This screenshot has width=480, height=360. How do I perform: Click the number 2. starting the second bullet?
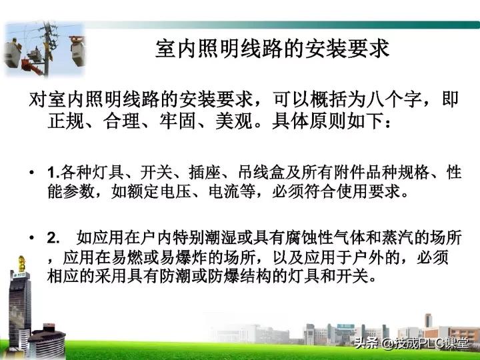point(53,238)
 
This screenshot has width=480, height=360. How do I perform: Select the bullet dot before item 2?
point(32,238)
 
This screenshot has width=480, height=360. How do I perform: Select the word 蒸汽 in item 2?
point(397,238)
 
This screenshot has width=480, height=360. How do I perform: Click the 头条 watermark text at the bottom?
point(365,345)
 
